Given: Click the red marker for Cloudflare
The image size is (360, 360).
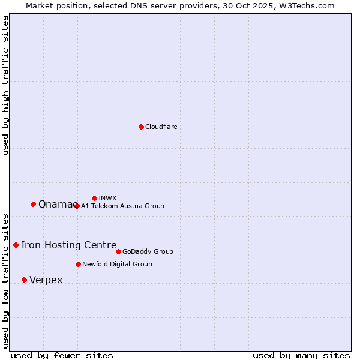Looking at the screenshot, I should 141,127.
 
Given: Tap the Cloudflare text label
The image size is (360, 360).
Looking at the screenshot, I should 161,127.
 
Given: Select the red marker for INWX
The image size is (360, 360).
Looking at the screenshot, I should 94,198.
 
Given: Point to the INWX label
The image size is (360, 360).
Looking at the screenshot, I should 107,198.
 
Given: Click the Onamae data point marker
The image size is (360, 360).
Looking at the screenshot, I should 33,204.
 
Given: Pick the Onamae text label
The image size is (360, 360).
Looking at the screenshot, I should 55,205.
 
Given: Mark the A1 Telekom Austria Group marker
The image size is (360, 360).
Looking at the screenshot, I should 77,206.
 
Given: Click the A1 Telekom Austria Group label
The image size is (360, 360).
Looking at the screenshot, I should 122,206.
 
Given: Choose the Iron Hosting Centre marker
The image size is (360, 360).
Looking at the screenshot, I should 16,245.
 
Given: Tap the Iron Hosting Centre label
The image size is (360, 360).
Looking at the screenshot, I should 69,245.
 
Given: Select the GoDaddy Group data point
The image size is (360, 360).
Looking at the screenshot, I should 118,251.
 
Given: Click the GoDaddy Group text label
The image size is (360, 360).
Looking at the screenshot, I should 148,251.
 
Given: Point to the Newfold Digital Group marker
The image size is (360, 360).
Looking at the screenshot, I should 78,264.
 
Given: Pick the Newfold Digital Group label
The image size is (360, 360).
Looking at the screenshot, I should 117,264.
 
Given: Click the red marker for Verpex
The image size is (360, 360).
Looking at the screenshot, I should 24,280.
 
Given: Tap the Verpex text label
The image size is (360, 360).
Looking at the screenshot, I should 46,280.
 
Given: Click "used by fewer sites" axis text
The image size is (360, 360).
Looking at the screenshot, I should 62,355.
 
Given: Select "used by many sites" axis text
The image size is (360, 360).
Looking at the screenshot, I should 301,355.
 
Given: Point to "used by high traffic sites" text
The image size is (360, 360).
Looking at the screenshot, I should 5,85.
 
